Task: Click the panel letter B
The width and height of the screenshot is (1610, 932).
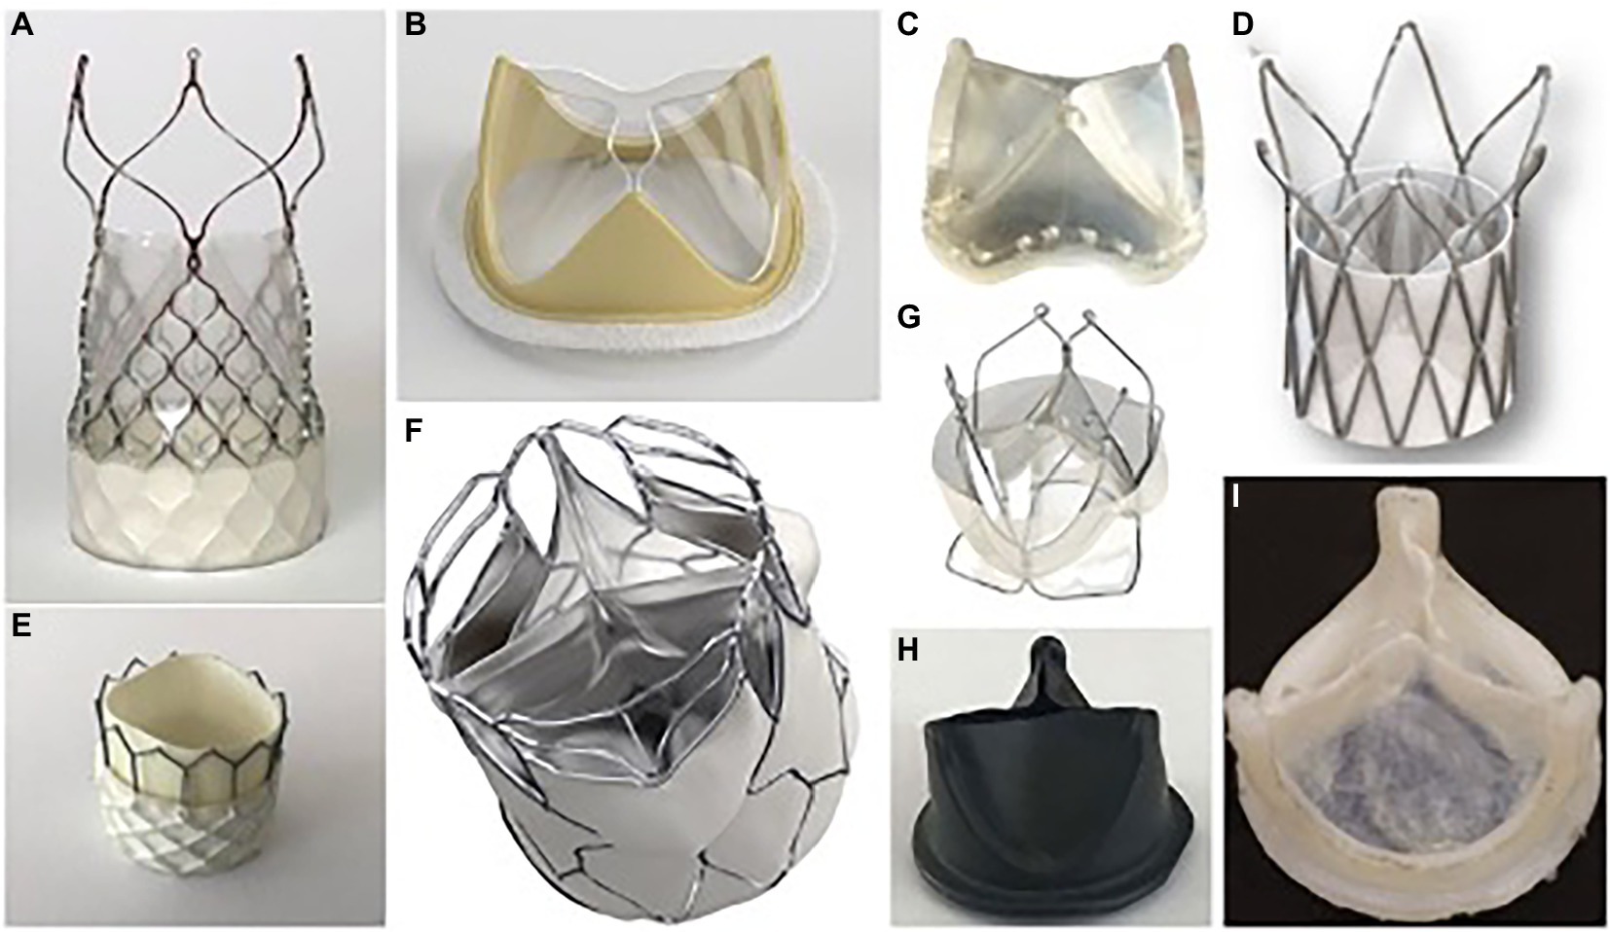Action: [416, 26]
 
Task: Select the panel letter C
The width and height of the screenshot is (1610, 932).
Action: [908, 26]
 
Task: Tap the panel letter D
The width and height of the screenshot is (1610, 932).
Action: [1242, 26]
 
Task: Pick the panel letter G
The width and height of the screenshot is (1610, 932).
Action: [909, 317]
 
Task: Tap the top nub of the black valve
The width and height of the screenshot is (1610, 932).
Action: [1051, 662]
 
